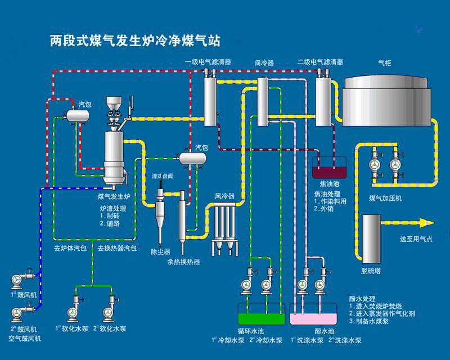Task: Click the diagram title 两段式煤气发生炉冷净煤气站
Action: (x=135, y=40)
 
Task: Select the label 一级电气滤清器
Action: (x=208, y=62)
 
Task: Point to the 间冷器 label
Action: (x=264, y=62)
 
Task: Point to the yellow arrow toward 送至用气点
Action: (x=406, y=223)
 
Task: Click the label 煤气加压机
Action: (x=385, y=198)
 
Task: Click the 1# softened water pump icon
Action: (x=72, y=312)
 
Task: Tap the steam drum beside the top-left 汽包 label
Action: (x=75, y=115)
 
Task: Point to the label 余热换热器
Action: (x=183, y=262)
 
